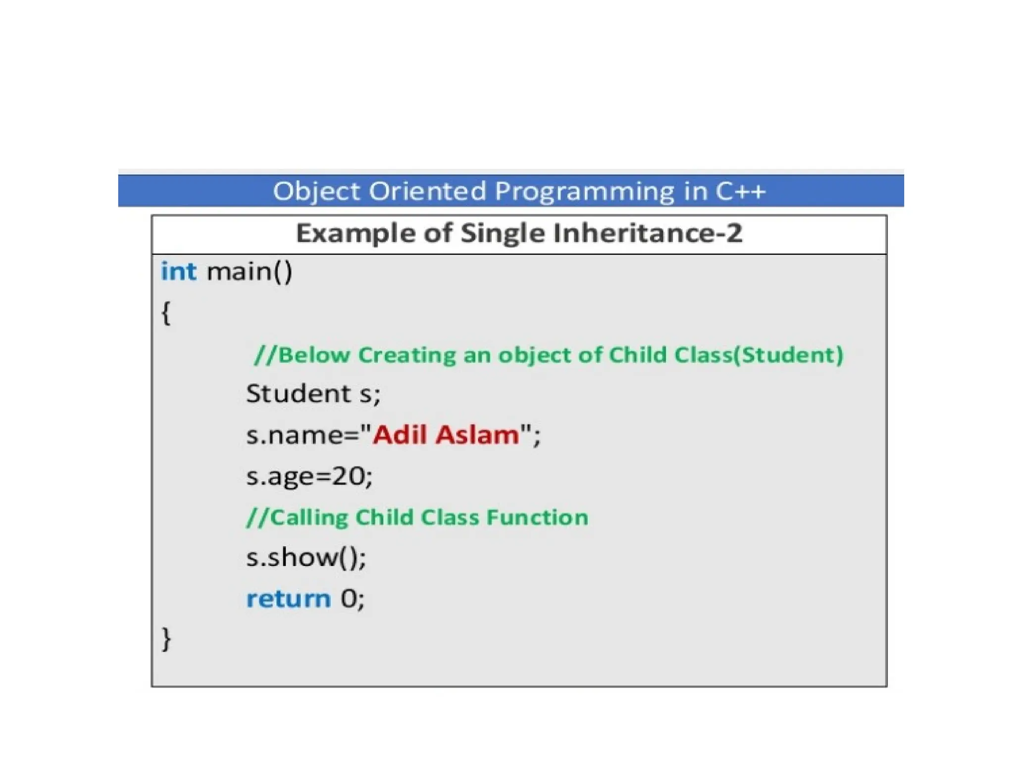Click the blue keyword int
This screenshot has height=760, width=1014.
coord(178,272)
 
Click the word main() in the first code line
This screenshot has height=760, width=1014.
coord(249,272)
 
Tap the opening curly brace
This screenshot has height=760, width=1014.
coord(166,313)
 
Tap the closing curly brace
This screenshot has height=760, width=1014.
coord(166,639)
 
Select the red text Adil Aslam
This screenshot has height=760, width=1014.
coord(446,435)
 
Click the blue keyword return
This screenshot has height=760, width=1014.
coord(288,599)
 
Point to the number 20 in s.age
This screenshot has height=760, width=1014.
coord(348,476)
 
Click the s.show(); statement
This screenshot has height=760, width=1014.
coord(306,558)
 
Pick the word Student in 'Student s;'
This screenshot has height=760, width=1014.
coord(299,394)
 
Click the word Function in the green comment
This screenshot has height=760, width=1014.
coord(537,517)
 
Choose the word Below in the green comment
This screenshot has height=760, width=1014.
coord(314,355)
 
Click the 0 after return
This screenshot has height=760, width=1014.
coord(348,599)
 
